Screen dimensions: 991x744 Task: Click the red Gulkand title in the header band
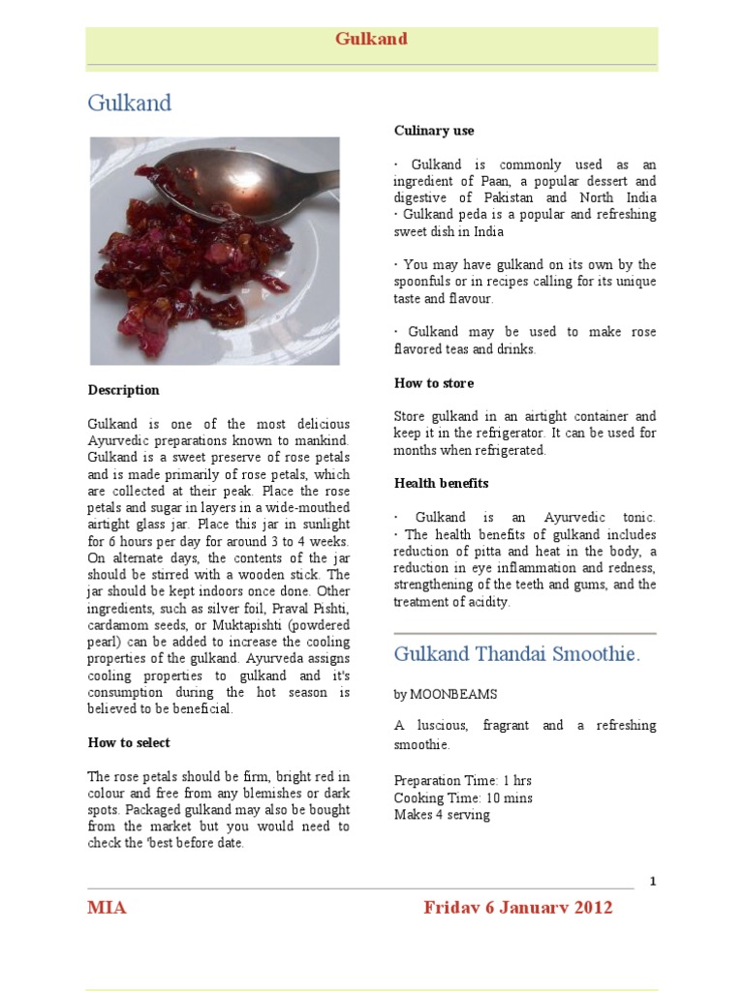tap(371, 39)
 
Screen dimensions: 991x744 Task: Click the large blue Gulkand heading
tap(129, 103)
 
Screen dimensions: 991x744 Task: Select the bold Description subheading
tap(124, 390)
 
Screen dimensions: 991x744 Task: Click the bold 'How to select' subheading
tap(129, 742)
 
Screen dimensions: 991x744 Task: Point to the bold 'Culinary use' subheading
tap(434, 131)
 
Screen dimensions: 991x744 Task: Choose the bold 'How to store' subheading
tap(434, 383)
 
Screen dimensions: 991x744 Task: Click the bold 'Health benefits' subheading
tap(441, 483)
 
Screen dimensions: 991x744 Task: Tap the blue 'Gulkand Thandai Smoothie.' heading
tap(516, 654)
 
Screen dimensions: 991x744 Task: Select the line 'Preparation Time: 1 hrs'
tap(462, 780)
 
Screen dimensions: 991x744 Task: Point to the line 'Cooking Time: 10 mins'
tap(463, 797)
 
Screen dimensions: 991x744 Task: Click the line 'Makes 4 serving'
tap(442, 815)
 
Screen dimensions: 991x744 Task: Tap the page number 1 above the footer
tap(653, 881)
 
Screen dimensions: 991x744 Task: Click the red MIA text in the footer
tap(107, 908)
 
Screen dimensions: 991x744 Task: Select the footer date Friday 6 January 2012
tap(517, 908)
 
